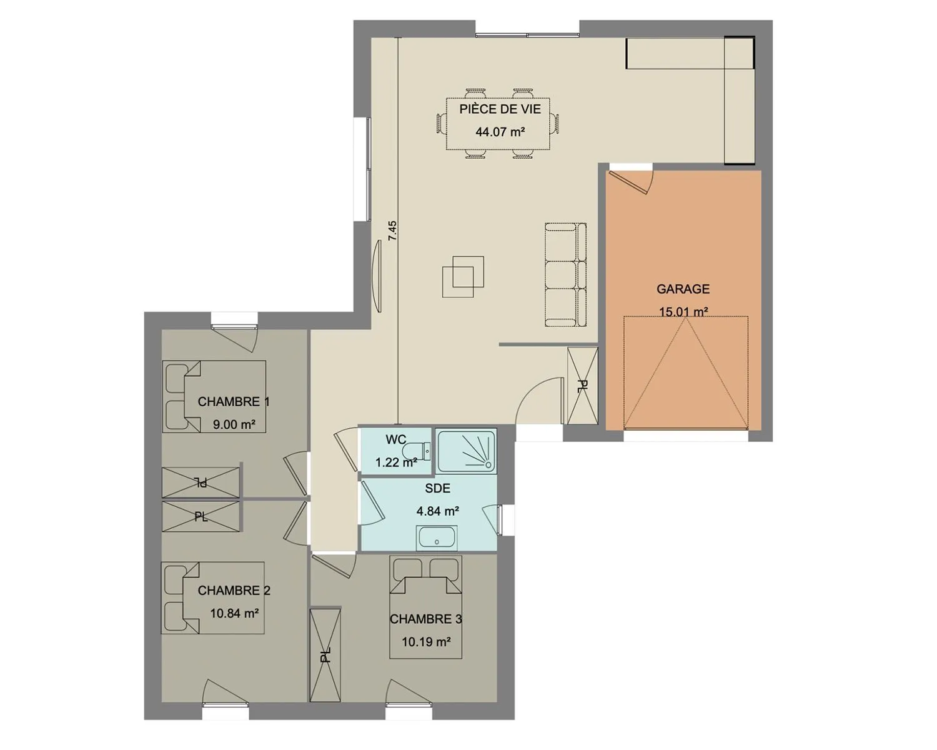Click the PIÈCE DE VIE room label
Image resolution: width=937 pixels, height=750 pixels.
500,109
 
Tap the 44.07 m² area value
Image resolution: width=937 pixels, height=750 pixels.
500,132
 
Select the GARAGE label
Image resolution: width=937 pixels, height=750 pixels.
683,289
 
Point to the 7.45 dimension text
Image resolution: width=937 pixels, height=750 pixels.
392,231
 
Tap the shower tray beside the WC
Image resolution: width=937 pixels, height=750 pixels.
467,451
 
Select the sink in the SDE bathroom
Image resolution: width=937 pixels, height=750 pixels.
437,537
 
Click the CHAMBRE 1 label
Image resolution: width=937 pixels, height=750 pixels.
234,401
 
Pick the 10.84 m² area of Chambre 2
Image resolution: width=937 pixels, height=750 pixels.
235,614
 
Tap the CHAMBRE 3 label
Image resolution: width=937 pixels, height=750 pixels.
426,619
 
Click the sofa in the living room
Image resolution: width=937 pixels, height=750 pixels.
565,274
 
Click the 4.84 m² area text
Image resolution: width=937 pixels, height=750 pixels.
438,511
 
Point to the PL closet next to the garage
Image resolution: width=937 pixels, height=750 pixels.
583,386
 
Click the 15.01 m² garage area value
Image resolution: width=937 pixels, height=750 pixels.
683,312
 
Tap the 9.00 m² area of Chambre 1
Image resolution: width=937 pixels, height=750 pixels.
234,424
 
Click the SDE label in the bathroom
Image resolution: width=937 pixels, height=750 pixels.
438,489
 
